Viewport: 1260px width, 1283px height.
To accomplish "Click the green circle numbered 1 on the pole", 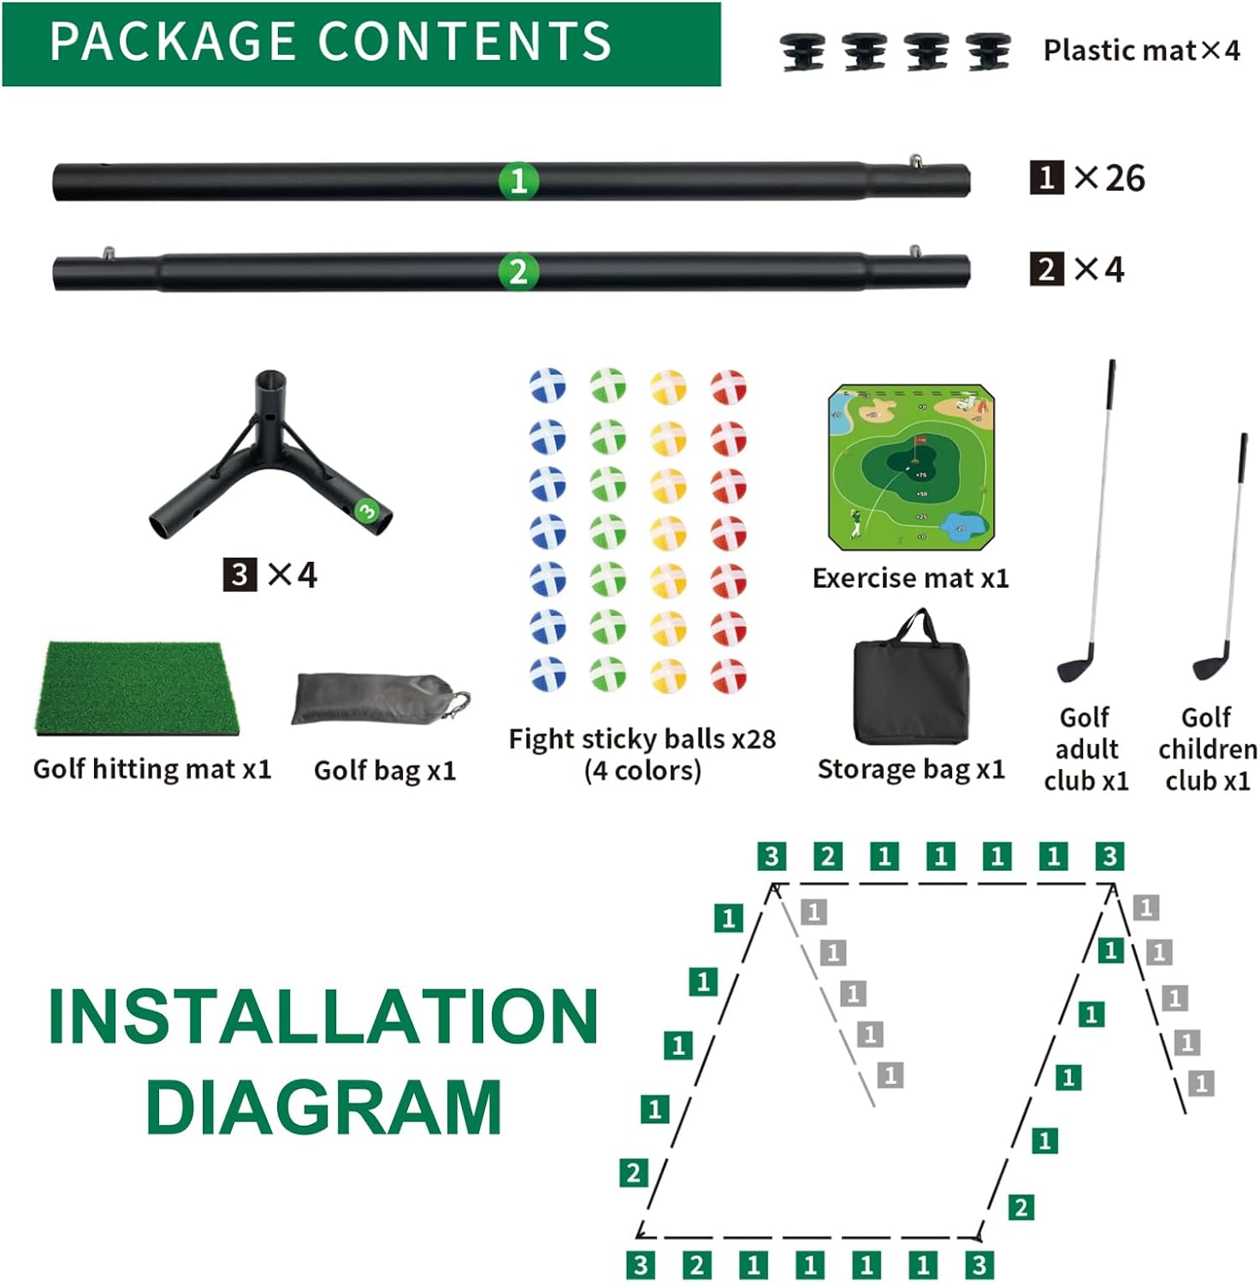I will pyautogui.click(x=518, y=180).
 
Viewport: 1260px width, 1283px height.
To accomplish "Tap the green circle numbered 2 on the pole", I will pyautogui.click(x=518, y=271).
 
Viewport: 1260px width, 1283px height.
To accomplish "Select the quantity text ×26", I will pyautogui.click(x=1110, y=178).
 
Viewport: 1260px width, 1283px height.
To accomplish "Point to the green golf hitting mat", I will pyautogui.click(x=137, y=689).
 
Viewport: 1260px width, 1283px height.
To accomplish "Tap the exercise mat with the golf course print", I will pyautogui.click(x=912, y=468).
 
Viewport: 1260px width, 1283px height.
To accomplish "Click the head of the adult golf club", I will pyautogui.click(x=1075, y=665).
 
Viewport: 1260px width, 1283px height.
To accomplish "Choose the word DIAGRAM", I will pyautogui.click(x=323, y=1107).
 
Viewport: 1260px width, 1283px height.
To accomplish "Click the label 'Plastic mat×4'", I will pyautogui.click(x=1141, y=50).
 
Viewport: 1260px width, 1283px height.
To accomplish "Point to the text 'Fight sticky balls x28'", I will pyautogui.click(x=642, y=738).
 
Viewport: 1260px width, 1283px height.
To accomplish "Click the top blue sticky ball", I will pyautogui.click(x=547, y=386).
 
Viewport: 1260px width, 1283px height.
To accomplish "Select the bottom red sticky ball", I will pyautogui.click(x=729, y=675).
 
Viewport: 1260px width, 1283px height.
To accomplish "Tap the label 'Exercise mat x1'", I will pyautogui.click(x=910, y=578).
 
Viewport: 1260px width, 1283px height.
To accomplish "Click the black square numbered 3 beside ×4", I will pyautogui.click(x=240, y=574).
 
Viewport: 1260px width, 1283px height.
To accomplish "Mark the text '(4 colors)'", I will pyautogui.click(x=642, y=771).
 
